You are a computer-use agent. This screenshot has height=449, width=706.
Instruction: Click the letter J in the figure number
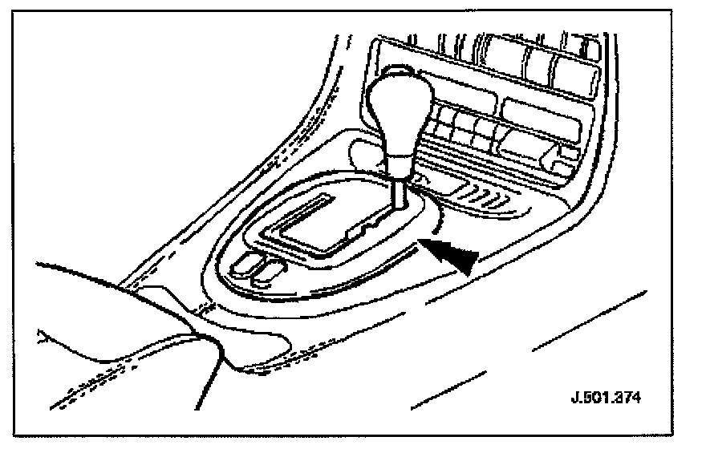point(578,398)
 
